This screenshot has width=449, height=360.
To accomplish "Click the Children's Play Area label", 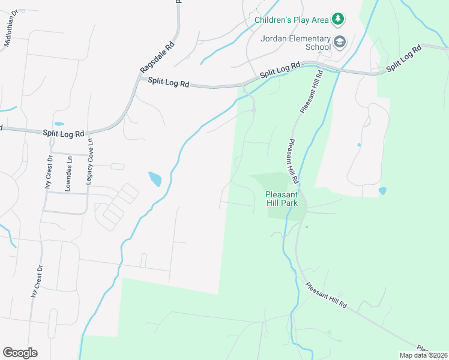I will coord(291,20).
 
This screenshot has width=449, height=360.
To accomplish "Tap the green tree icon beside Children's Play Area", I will coord(339,19).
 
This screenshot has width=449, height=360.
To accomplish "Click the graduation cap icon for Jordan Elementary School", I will coord(340,41).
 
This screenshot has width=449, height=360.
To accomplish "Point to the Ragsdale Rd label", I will coord(157,58).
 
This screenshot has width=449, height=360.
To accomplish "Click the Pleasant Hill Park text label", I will coord(282,199).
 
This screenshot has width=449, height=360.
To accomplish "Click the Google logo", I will coord(20,353).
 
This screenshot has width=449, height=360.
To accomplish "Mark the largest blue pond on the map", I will coord(155,179).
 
